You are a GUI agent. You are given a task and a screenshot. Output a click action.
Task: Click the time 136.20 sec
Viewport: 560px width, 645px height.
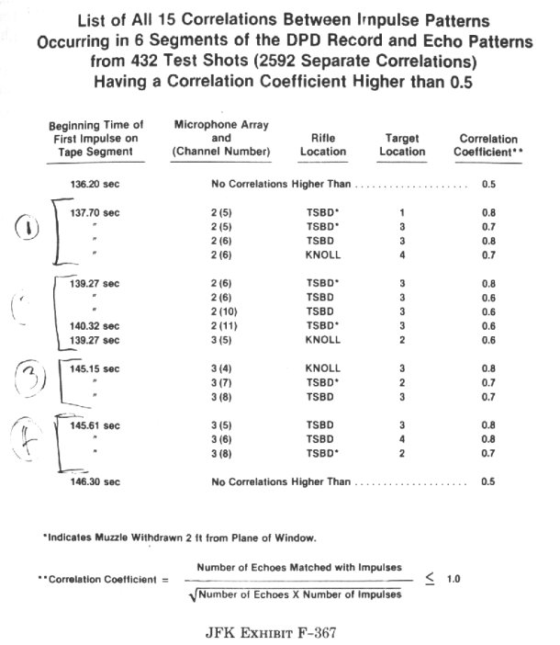[95, 184]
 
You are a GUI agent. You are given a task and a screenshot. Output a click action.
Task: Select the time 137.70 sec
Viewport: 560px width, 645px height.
[95, 212]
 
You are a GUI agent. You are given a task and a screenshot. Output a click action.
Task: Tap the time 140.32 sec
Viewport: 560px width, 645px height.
[95, 325]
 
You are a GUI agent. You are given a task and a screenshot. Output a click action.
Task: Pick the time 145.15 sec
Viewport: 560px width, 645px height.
[95, 368]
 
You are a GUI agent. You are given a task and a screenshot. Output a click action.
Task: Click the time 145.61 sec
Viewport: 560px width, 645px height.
[95, 425]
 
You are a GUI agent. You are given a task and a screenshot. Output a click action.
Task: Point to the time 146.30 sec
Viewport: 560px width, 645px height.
[95, 481]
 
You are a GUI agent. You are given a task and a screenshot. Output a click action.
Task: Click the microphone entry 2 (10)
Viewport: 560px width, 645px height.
[220, 311]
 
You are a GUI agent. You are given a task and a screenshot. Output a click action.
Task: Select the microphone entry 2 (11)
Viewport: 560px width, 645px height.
[220, 325]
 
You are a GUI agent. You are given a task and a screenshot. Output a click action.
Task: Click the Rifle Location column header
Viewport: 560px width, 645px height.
[323, 144]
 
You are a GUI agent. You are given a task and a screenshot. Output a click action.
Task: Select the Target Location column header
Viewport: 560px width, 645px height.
[403, 144]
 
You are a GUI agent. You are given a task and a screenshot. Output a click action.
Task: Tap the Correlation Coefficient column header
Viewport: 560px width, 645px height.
[488, 145]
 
